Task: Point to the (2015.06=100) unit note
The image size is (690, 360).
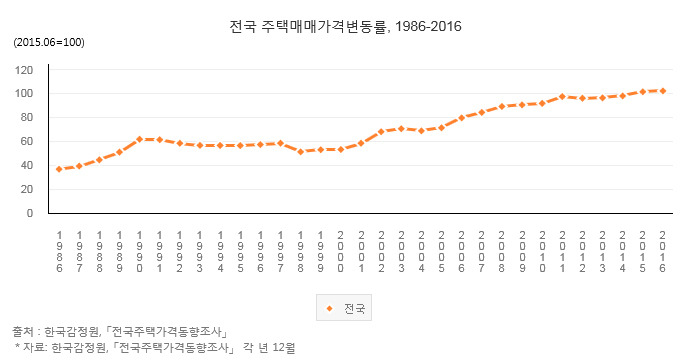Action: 48,42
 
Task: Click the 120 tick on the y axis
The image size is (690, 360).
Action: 25,70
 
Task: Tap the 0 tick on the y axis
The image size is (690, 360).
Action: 31,214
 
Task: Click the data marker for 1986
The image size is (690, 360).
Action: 59,169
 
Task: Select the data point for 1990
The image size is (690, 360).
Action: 140,139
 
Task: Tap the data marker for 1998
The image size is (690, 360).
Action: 301,151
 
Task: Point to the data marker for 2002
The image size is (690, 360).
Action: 381,131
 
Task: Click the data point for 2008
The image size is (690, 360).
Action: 502,106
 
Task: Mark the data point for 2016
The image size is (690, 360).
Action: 663,91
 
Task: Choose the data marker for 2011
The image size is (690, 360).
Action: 562,97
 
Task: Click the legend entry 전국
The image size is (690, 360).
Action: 345,308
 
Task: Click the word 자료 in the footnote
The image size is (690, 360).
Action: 35,347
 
